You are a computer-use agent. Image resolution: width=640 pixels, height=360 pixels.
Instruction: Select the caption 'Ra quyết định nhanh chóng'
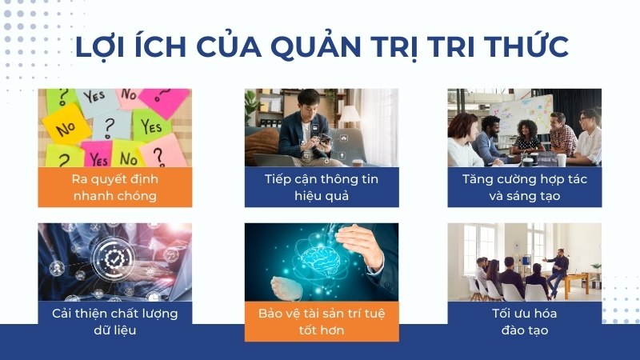[x=114, y=187]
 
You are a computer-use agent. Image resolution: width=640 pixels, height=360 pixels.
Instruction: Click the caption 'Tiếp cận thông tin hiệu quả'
[x=322, y=187]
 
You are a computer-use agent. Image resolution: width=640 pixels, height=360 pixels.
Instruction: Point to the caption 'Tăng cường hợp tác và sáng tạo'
[x=525, y=187]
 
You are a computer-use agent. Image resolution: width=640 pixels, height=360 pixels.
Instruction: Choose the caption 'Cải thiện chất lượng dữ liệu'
[x=114, y=322]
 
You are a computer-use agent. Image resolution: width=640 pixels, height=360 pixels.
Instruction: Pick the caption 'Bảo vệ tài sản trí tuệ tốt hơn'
[x=322, y=322]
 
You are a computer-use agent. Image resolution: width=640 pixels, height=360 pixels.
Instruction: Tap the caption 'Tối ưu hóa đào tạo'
[x=525, y=322]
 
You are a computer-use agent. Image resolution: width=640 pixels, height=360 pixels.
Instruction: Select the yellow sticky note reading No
[x=67, y=126]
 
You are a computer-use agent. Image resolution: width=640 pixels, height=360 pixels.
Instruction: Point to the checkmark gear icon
[x=113, y=259]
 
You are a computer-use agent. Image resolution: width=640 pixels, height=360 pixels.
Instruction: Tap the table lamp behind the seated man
[x=350, y=114]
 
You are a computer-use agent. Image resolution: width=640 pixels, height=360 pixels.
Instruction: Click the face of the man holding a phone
[x=307, y=102]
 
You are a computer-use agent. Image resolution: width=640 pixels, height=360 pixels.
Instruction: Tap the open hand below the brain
[x=287, y=287]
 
